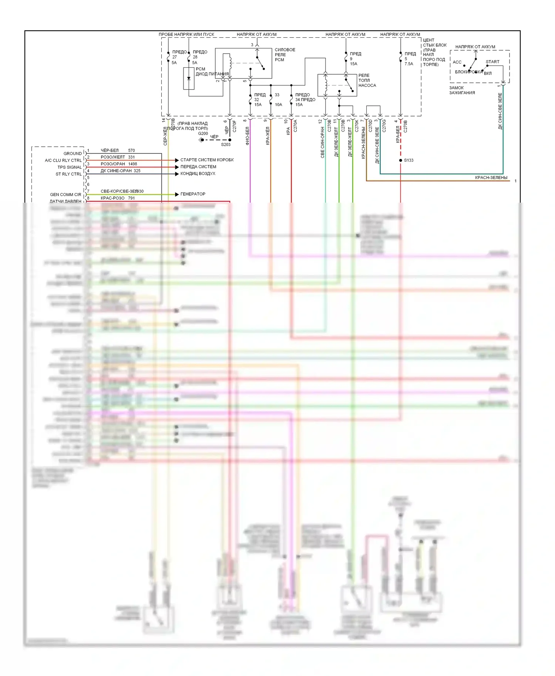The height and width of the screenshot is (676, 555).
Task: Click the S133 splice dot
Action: (401, 160)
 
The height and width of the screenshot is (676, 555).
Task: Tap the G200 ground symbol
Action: (202, 140)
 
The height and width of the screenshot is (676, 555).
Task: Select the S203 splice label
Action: (226, 145)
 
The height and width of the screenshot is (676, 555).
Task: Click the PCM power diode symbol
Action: (189, 78)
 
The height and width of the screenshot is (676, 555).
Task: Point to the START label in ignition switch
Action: (492, 62)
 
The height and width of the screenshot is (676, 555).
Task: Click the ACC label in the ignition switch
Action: (457, 62)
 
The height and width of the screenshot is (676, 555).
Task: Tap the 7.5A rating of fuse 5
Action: (409, 64)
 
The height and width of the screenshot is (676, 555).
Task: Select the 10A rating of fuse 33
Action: (278, 105)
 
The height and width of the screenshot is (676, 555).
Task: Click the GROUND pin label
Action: (73, 153)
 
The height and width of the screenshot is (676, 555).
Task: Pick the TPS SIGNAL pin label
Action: (69, 167)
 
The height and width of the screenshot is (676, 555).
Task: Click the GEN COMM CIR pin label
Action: (65, 195)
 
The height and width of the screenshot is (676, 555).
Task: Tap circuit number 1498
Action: (132, 164)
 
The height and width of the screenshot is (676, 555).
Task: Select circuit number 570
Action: (131, 151)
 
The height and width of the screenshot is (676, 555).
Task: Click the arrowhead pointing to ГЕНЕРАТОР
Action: (177, 194)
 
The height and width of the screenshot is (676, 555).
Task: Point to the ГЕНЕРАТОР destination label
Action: (193, 194)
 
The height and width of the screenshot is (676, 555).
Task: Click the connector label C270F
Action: (235, 126)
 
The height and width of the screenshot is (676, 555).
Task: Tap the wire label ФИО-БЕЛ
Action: (248, 136)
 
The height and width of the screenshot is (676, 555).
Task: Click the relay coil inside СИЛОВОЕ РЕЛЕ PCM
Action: (230, 62)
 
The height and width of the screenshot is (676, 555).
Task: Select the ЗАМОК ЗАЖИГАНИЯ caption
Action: (462, 90)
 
